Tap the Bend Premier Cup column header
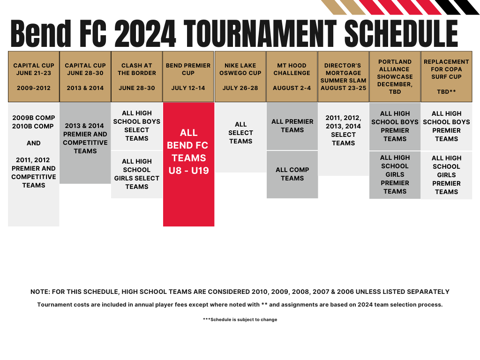[188, 76]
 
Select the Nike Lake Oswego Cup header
[240, 76]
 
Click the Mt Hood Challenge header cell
[292, 76]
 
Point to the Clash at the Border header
[137, 76]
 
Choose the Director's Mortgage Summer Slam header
[343, 76]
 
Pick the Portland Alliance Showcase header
[395, 76]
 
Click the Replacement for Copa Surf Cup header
[446, 76]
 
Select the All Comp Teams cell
[292, 174]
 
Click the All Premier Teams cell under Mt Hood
[292, 126]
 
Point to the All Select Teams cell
[240, 133]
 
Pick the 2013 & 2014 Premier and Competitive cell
[85, 138]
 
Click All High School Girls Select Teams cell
[137, 174]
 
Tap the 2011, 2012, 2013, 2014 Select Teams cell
[343, 130]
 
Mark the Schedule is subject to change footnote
[240, 320]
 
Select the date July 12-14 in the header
[188, 88]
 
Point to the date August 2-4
[292, 88]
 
